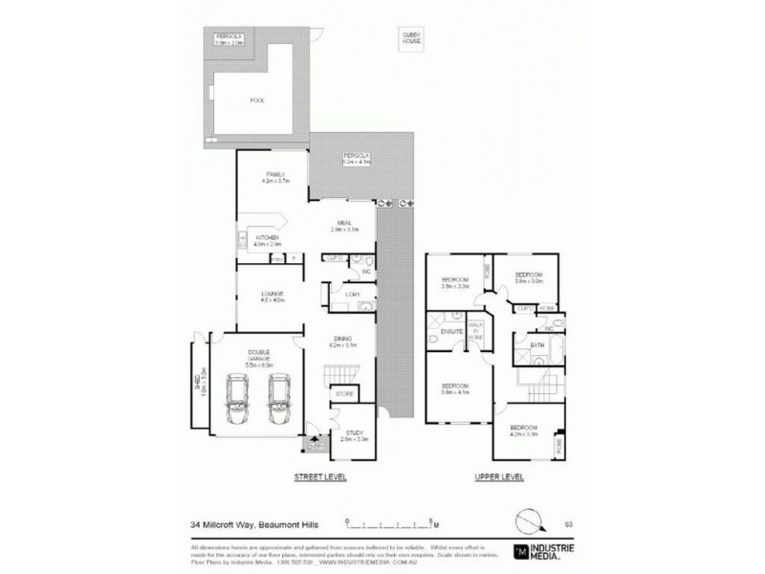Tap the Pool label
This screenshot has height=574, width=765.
point(255,99)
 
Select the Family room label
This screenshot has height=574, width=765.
point(274,177)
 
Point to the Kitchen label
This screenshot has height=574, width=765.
point(266,238)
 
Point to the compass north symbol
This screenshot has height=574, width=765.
point(529,522)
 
